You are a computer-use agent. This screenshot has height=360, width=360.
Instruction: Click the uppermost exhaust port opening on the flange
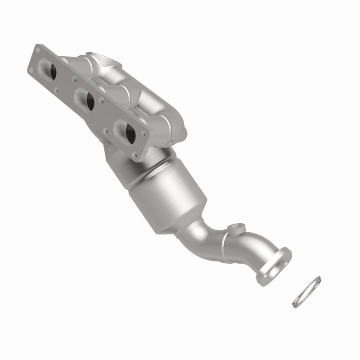tap(50, 70)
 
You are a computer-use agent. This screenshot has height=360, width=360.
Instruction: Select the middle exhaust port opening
tap(88, 99)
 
